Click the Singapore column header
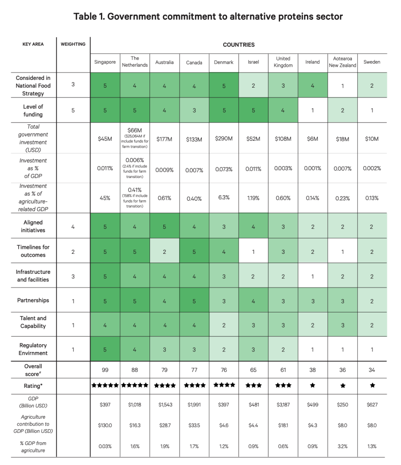coord(105,62)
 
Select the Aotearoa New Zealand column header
coord(342,62)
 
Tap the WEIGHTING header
coord(73,44)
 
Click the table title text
coord(208,16)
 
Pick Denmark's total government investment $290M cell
coord(224,139)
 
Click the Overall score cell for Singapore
coord(105,370)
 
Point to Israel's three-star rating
coord(254,386)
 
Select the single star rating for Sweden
coord(372,386)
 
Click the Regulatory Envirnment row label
coord(33,349)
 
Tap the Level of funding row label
coord(33,110)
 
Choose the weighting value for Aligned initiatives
coord(73,227)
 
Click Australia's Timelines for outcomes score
coord(165,252)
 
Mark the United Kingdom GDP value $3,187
coord(283,405)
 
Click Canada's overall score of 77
coord(194,370)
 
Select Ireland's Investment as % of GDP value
coord(312,168)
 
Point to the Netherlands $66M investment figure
coord(135,130)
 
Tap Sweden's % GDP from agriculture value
coord(372,446)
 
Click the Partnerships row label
coord(33,301)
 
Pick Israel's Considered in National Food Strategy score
coord(254,86)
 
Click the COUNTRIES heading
coord(239,45)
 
